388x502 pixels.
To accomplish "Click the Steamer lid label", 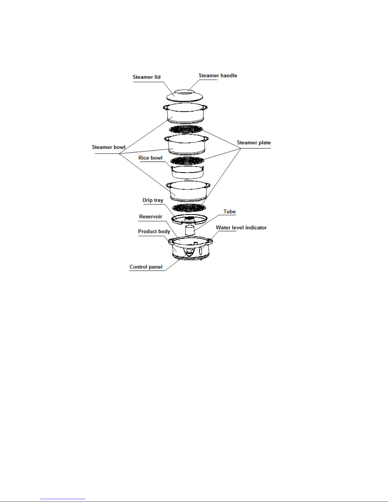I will tap(146, 77).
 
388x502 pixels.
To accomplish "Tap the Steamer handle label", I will tap(218, 76).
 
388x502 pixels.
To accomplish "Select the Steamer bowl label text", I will tap(108, 147).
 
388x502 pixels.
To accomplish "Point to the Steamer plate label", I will tap(253, 143).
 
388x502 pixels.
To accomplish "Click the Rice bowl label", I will tap(150, 158).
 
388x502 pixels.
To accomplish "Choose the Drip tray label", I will tap(153, 200).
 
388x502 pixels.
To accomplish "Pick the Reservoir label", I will tap(150, 217).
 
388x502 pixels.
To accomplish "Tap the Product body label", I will tap(154, 232).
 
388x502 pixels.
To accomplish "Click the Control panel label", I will tap(146, 267).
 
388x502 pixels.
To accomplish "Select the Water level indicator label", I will tap(241, 228).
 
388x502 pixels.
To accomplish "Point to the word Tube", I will tap(229, 212).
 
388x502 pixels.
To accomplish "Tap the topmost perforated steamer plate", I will tap(186, 129).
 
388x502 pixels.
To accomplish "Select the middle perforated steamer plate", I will tap(187, 161).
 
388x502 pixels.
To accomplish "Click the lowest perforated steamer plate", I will tap(189, 208).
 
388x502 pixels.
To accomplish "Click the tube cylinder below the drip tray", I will tap(190, 230).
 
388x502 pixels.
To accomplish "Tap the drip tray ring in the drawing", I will tap(190, 219).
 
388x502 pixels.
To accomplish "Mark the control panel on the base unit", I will tap(189, 252).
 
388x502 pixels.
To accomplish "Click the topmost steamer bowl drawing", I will tap(185, 113).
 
